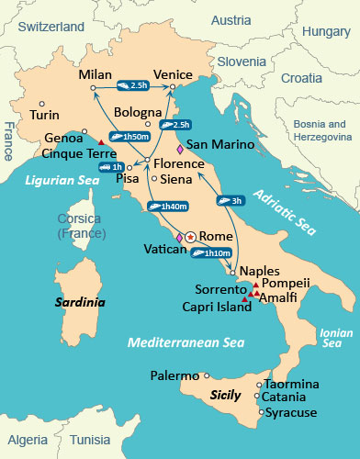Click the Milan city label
pyautogui.click(x=95, y=73)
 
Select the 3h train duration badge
pyautogui.click(x=230, y=200)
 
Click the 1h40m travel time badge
pyautogui.click(x=173, y=207)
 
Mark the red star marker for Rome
pyautogui.click(x=190, y=237)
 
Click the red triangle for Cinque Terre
pyautogui.click(x=100, y=140)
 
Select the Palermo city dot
pyautogui.click(x=207, y=375)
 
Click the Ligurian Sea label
pyautogui.click(x=62, y=181)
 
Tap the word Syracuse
pyautogui.click(x=292, y=413)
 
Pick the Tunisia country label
pyautogui.click(x=90, y=440)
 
